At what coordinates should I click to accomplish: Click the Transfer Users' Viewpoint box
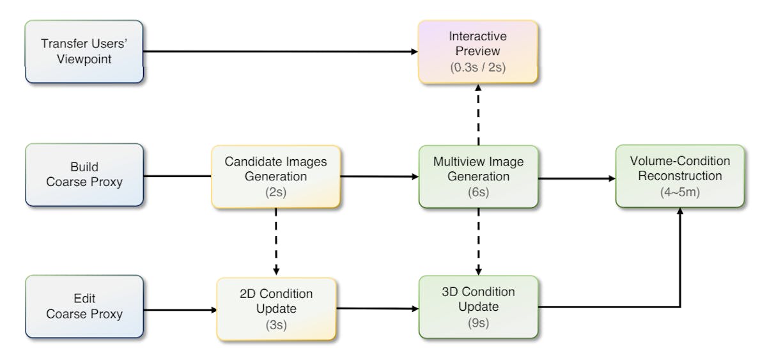pyautogui.click(x=84, y=51)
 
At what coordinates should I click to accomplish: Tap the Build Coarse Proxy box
pyautogui.click(x=84, y=174)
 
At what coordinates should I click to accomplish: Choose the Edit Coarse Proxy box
pyautogui.click(x=84, y=306)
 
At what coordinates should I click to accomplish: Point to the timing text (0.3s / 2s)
pyautogui.click(x=478, y=67)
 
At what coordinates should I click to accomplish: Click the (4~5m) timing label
pyautogui.click(x=679, y=191)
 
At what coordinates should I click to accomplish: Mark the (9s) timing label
pyautogui.click(x=478, y=323)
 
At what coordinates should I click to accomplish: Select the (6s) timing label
pyautogui.click(x=478, y=191)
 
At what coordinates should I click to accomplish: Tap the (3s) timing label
pyautogui.click(x=275, y=324)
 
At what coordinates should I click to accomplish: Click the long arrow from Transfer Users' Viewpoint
pyautogui.click(x=281, y=52)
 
